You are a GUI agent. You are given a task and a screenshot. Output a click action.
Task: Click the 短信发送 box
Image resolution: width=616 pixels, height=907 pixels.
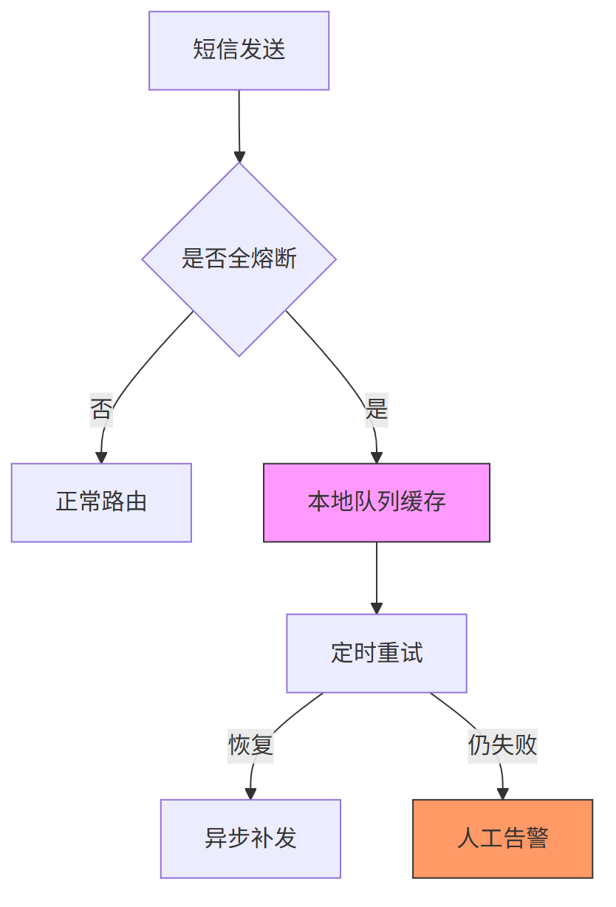click(x=239, y=51)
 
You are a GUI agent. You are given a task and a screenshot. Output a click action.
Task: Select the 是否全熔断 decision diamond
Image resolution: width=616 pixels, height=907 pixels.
click(x=239, y=259)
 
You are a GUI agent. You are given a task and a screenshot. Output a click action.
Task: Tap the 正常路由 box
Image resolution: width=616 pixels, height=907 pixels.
click(x=101, y=503)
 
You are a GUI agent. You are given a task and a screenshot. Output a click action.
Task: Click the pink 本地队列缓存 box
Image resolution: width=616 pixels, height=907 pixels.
click(x=377, y=503)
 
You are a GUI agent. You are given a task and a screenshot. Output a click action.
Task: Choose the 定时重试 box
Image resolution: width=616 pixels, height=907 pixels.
click(x=377, y=654)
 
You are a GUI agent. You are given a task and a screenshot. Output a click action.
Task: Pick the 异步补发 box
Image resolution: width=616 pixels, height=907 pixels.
click(x=250, y=839)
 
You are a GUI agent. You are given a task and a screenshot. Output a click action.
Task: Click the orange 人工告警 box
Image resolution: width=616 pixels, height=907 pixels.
click(x=502, y=839)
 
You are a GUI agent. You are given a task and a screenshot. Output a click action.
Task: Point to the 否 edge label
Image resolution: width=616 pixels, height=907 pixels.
click(x=101, y=408)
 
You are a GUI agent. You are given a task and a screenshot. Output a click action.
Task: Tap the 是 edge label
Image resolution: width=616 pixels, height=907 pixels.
click(x=377, y=408)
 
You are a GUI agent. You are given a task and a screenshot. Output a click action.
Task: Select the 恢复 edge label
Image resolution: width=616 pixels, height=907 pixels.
click(x=250, y=745)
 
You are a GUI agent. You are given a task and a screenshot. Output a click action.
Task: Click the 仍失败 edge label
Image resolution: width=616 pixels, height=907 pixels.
click(x=502, y=745)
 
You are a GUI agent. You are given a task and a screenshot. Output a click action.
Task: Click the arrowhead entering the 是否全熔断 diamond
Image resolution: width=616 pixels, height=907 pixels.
click(x=239, y=157)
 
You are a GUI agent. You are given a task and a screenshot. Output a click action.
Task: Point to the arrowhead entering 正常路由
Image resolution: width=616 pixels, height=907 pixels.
click(x=101, y=458)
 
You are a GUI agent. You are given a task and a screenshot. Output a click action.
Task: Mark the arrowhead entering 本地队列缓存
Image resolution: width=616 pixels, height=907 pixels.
click(x=377, y=458)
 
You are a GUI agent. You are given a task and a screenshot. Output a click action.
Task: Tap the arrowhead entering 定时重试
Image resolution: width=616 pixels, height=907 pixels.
click(x=377, y=608)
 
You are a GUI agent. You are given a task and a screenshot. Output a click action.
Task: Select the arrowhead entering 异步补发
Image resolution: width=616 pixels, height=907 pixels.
click(x=250, y=794)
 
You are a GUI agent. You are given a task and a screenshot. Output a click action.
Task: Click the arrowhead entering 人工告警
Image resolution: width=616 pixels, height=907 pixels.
click(x=502, y=794)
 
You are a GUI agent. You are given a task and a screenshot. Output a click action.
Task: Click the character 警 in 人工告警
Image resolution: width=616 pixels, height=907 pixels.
click(x=537, y=839)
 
